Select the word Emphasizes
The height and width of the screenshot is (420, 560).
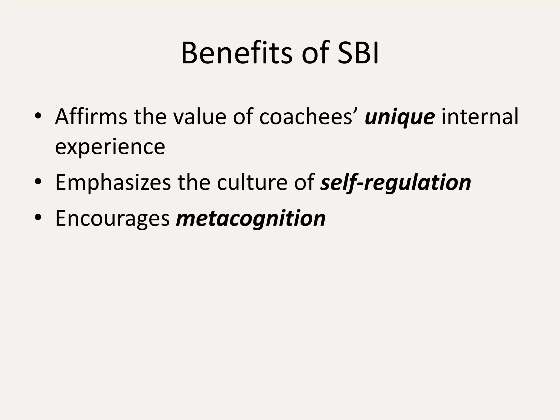pyautogui.click(x=113, y=183)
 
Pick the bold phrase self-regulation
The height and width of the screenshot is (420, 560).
pyautogui.click(x=396, y=183)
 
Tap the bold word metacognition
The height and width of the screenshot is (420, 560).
pyautogui.click(x=251, y=218)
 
